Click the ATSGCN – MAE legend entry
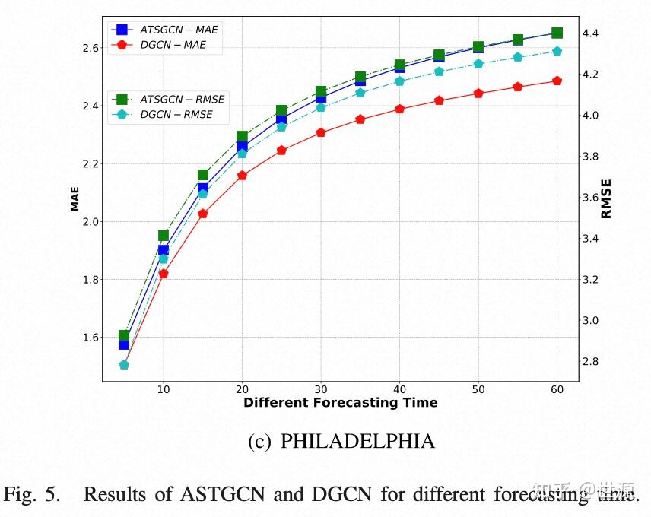tap(179, 30)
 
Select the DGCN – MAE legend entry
tap(173, 46)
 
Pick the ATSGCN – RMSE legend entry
tap(181, 100)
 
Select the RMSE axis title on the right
tap(606, 198)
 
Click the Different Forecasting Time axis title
tap(340, 403)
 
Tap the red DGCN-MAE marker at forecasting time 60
tap(557, 81)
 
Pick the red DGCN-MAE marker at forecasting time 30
tap(321, 132)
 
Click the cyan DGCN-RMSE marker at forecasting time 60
tap(557, 51)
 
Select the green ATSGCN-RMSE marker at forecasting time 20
tap(242, 137)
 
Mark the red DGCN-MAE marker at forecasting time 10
tap(164, 273)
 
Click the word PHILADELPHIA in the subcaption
tap(357, 441)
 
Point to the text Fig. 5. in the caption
tap(31, 494)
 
